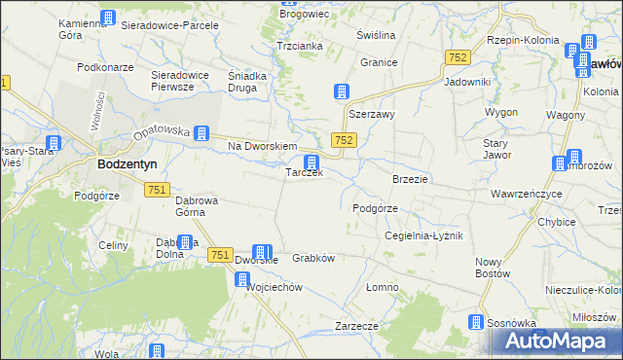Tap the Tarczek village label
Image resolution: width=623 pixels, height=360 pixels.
pyautogui.click(x=304, y=173)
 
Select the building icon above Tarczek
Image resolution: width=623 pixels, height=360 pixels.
pyautogui.click(x=311, y=162)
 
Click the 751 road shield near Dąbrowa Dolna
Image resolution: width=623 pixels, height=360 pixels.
pyautogui.click(x=218, y=254)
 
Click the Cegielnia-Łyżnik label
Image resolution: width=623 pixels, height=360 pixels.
pyautogui.click(x=422, y=236)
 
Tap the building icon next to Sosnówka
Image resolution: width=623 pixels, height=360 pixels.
pyautogui.click(x=476, y=323)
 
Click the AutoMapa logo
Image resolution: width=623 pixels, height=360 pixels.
pyautogui.click(x=556, y=342)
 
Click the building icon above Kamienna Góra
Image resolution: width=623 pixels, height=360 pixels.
pyautogui.click(x=107, y=18)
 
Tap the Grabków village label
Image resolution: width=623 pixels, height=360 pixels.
pyautogui.click(x=313, y=259)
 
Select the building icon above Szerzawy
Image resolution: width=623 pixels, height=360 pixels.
pyautogui.click(x=342, y=92)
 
